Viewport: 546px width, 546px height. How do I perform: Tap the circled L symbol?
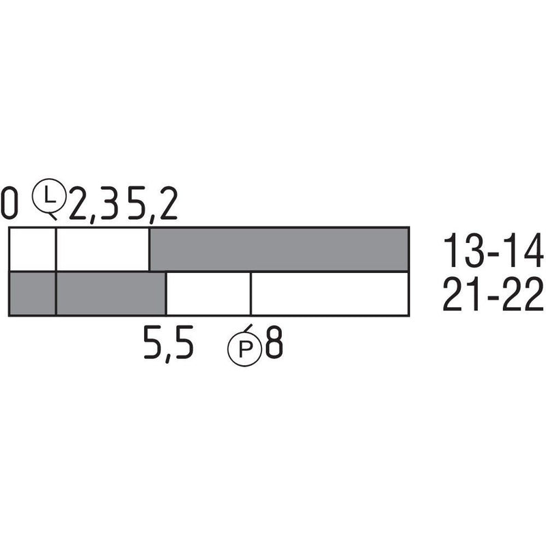[x=49, y=196]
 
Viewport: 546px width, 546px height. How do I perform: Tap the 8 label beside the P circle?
[x=274, y=342]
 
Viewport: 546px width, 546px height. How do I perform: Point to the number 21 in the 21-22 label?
[x=461, y=294]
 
